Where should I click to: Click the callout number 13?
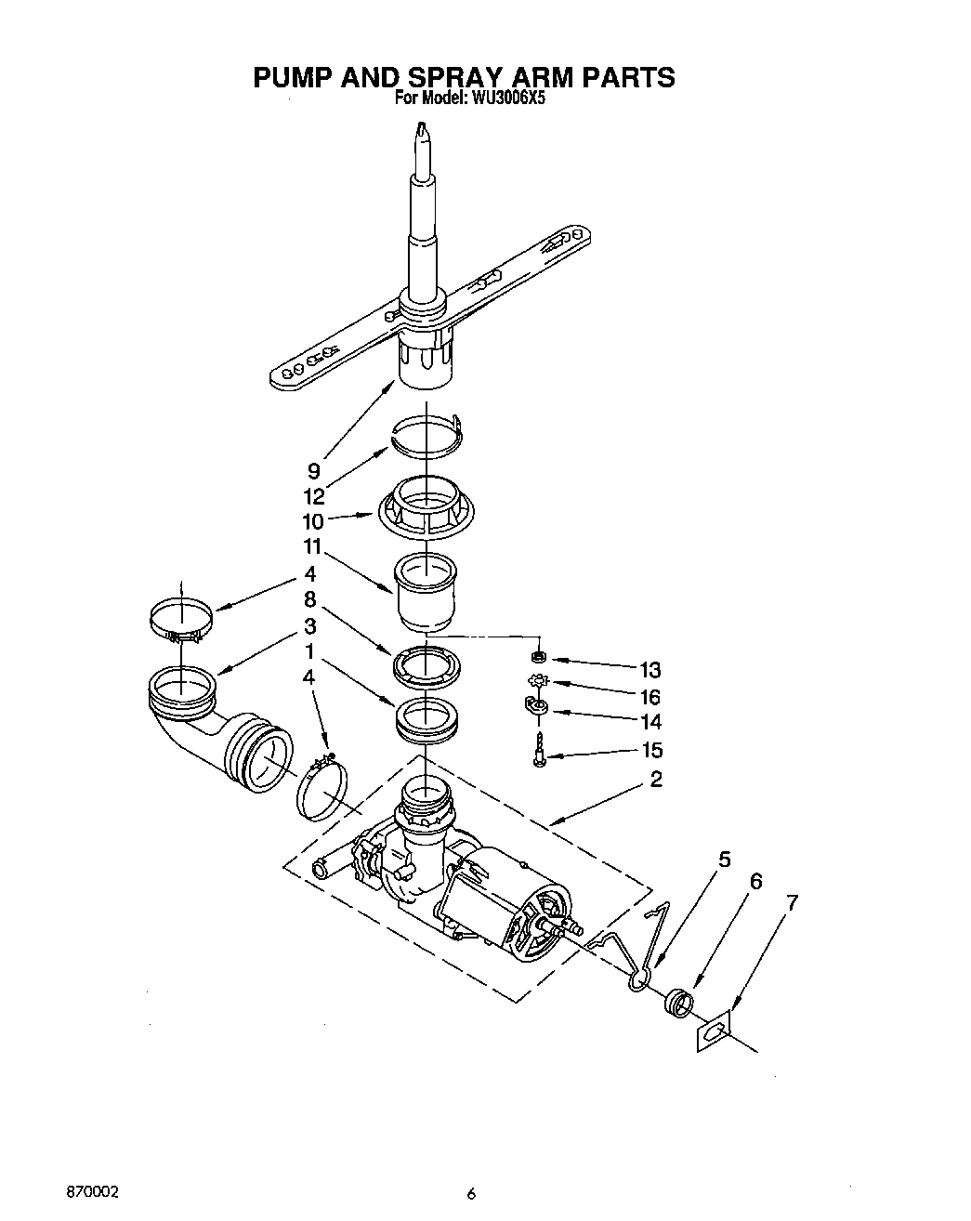[x=650, y=669]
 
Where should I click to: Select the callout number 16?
[x=650, y=696]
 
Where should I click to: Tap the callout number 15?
[x=650, y=750]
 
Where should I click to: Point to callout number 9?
[x=314, y=471]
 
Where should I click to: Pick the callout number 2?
[x=656, y=779]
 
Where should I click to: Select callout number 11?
[x=309, y=546]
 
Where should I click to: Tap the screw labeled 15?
[x=540, y=750]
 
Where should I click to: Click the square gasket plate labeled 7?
[x=714, y=1033]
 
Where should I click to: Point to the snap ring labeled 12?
[x=426, y=436]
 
